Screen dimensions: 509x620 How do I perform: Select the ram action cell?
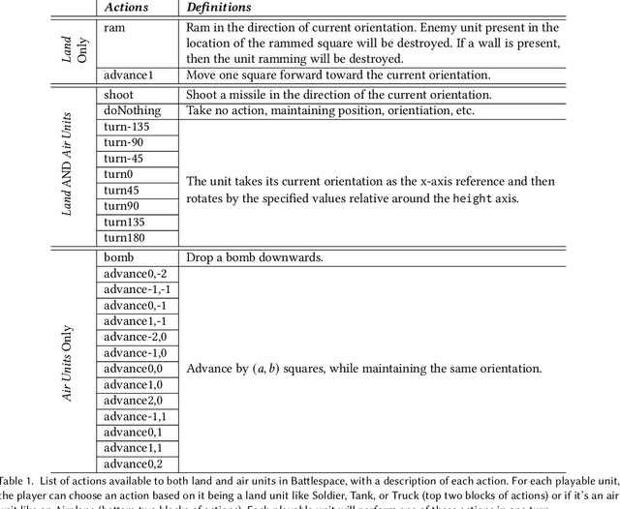113,28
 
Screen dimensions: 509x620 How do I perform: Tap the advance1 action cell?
128,75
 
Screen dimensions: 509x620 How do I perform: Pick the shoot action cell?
118,95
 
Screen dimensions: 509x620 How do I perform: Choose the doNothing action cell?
132,110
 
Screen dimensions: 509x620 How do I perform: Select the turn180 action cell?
124,237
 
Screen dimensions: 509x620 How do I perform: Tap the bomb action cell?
118,257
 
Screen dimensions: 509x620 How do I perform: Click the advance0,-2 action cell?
135,274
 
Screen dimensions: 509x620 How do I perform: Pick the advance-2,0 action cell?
135,337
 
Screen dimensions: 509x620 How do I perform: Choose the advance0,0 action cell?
133,369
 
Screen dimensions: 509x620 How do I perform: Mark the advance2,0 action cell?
133,400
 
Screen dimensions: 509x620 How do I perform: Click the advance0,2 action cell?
133,464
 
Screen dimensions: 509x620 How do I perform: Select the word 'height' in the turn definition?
475,197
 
